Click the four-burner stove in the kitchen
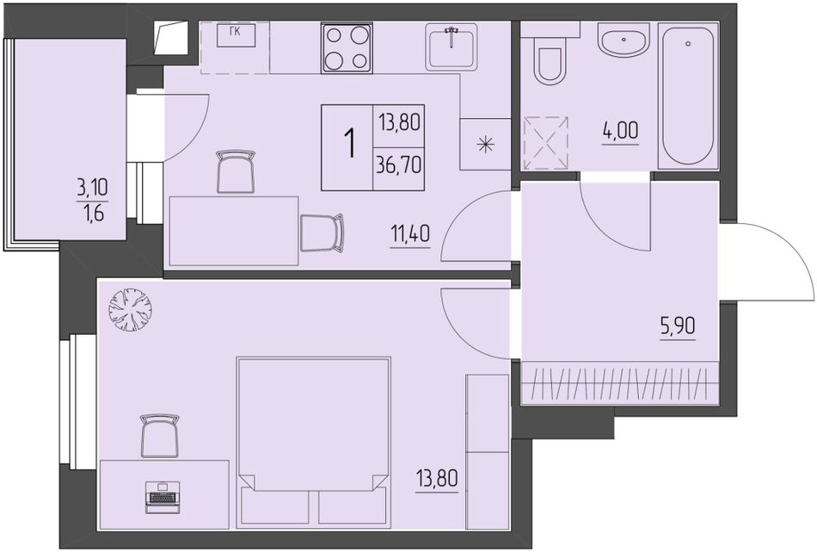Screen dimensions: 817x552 (x=347, y=47)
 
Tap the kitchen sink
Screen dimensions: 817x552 (x=451, y=47)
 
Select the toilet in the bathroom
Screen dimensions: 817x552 (x=550, y=60)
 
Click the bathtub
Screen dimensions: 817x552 (x=688, y=96)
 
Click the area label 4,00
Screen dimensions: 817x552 (x=620, y=131)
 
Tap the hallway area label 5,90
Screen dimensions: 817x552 (x=678, y=326)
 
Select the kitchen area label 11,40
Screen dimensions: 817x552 (x=410, y=234)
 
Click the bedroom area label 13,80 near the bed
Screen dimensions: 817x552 (x=437, y=478)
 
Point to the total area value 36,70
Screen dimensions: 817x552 (x=398, y=166)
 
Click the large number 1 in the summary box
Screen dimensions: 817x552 (x=350, y=143)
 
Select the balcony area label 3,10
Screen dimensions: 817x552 (x=93, y=187)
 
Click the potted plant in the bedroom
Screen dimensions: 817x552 (x=130, y=310)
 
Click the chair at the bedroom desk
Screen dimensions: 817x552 (x=160, y=437)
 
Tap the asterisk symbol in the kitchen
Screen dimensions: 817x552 (x=485, y=144)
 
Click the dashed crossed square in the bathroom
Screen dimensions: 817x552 (x=545, y=144)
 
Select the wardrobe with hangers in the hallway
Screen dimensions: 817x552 (x=620, y=382)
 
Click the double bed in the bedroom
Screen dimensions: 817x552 (x=313, y=442)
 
